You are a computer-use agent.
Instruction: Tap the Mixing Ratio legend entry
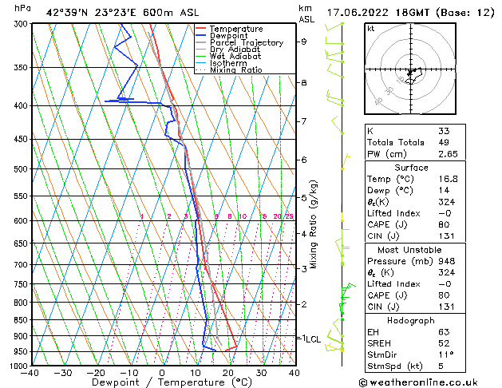click(236, 70)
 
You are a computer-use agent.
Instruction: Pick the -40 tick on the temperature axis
click(30, 373)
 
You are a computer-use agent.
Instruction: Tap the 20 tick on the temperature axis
click(228, 373)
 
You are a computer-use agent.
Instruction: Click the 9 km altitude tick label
click(304, 42)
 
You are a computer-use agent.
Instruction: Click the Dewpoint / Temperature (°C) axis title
click(161, 382)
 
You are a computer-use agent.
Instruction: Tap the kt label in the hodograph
click(370, 28)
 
